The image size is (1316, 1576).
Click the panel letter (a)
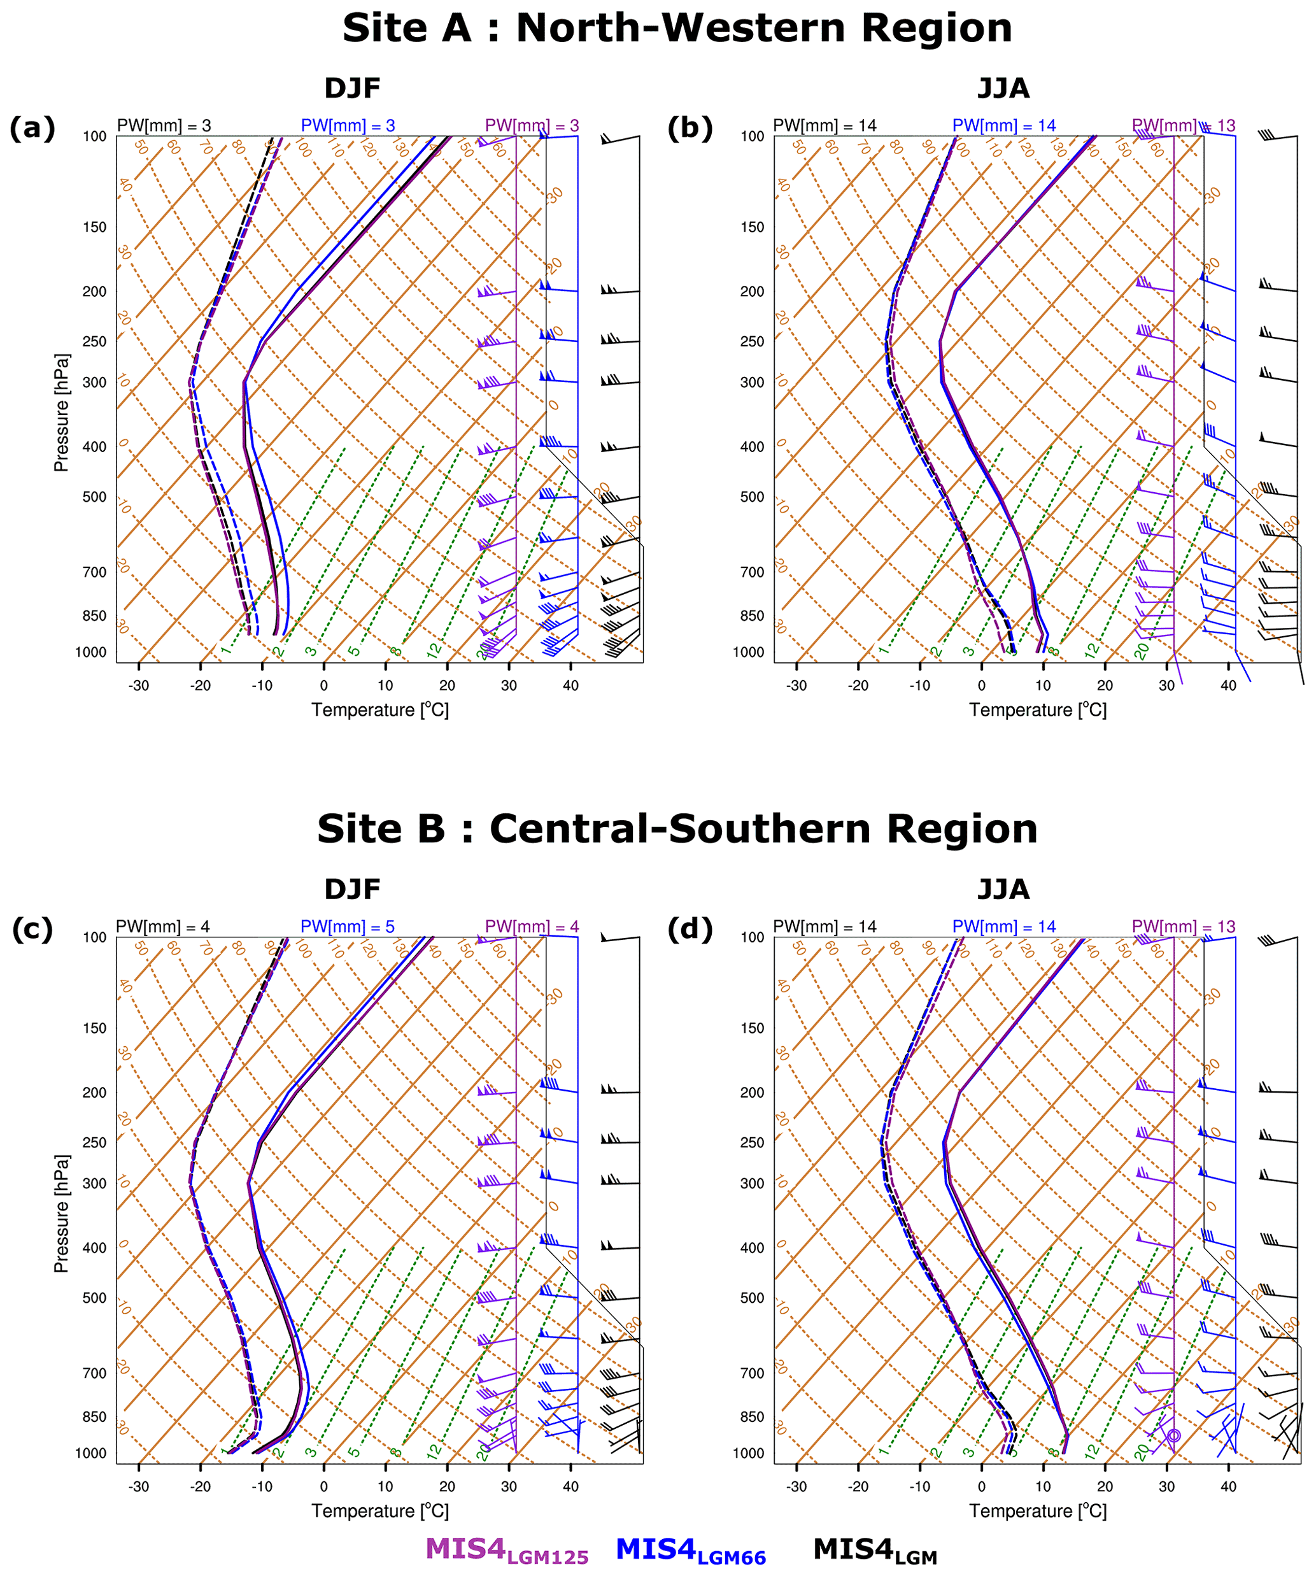(x=32, y=129)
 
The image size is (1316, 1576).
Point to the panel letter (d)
(x=690, y=929)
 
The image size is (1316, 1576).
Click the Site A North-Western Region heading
(x=677, y=29)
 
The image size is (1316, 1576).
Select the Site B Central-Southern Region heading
(x=677, y=829)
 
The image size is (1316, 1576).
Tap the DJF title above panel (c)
(x=352, y=890)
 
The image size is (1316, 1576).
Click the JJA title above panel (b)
(x=1003, y=89)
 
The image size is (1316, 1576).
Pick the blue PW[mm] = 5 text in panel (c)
(x=348, y=927)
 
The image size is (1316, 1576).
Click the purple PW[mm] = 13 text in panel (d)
(x=1183, y=927)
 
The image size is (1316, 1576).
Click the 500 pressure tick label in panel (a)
(x=94, y=497)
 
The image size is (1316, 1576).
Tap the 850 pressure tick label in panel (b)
(x=753, y=616)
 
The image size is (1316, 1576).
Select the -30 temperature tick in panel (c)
(x=138, y=1487)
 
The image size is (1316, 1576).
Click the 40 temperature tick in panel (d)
(x=1228, y=1487)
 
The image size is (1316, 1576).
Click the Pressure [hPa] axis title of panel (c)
(x=62, y=1214)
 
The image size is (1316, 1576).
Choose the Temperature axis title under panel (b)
(x=1038, y=710)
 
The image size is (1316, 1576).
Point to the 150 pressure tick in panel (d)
(x=753, y=1028)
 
